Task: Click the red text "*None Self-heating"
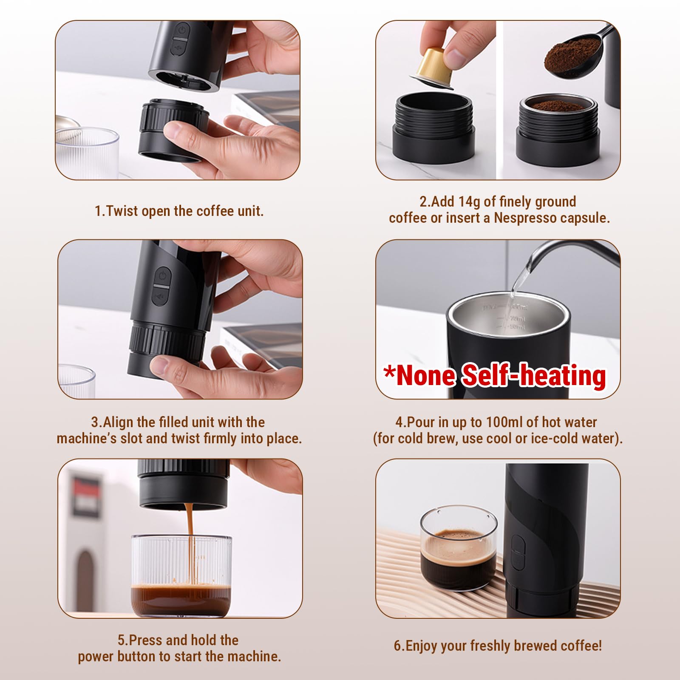pyautogui.click(x=495, y=375)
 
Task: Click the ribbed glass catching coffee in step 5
pyautogui.click(x=181, y=576)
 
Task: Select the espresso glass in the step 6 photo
pyautogui.click(x=458, y=547)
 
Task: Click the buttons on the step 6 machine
pyautogui.click(x=518, y=552)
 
